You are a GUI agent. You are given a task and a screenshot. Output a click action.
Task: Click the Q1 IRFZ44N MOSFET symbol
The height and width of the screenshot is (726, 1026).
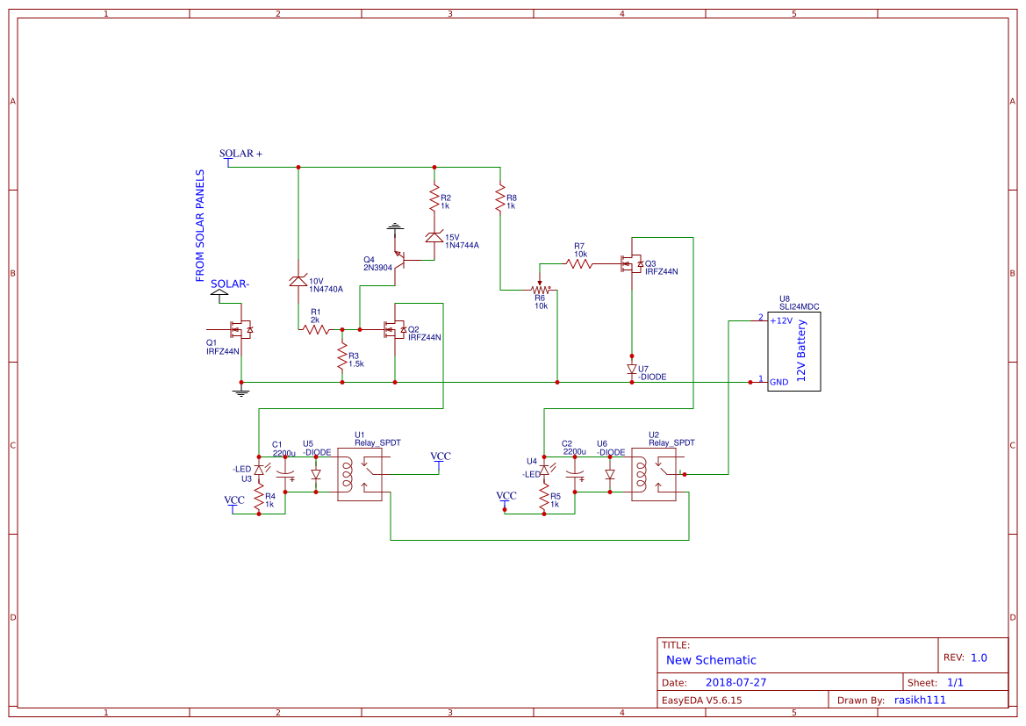(x=240, y=330)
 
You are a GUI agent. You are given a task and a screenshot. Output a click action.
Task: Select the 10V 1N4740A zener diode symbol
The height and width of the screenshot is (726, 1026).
(x=298, y=281)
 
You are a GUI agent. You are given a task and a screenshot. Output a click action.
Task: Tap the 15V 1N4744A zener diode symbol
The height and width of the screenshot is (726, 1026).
(x=434, y=237)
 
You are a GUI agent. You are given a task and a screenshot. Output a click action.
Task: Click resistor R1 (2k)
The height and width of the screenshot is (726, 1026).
(x=315, y=329)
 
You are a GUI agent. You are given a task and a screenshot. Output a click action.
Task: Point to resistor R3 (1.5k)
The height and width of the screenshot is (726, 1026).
(x=341, y=357)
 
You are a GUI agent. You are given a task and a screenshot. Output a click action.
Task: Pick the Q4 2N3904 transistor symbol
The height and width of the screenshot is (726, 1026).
(x=399, y=258)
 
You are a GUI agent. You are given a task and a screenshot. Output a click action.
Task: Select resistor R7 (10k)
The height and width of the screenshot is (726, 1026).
(x=579, y=263)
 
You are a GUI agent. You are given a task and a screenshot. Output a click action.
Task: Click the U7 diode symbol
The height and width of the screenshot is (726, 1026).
(x=632, y=369)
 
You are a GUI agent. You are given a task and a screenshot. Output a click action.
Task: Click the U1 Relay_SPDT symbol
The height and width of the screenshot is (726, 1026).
(x=360, y=475)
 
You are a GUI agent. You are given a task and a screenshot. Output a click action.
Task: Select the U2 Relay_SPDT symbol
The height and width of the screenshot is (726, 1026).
(x=653, y=475)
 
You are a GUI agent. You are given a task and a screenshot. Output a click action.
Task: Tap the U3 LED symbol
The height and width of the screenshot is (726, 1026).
(x=259, y=471)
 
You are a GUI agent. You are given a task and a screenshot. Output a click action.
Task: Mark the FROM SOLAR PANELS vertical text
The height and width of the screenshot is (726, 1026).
(x=200, y=226)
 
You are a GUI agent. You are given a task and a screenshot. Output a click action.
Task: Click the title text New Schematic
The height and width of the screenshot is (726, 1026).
(x=711, y=660)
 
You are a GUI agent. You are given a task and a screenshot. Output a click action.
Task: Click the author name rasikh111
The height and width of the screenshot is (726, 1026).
(x=920, y=700)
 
